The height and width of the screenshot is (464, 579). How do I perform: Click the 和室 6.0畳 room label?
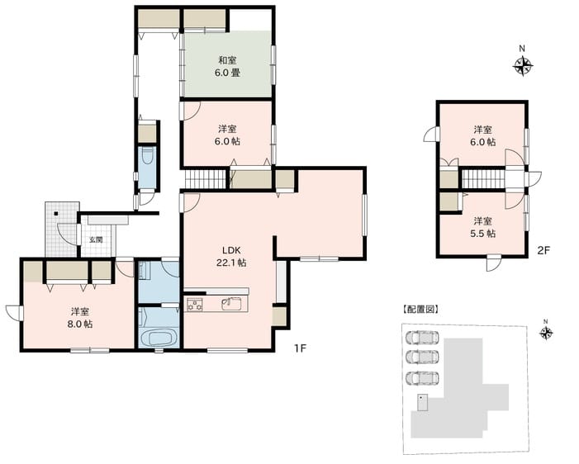(x=227, y=66)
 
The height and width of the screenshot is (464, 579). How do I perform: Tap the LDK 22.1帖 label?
(x=231, y=257)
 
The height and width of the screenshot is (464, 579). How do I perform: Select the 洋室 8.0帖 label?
(x=80, y=318)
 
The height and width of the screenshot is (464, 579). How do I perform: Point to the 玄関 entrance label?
(x=96, y=240)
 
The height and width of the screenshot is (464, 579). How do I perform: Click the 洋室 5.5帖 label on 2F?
(x=482, y=227)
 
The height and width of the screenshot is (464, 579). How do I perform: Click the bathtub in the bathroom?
(x=159, y=338)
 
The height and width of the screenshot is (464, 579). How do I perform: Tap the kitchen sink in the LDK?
(x=231, y=305)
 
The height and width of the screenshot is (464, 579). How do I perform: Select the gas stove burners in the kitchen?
(x=194, y=305)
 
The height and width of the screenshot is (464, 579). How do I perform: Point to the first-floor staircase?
(x=206, y=178)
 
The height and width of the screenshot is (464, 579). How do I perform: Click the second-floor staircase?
(x=483, y=178)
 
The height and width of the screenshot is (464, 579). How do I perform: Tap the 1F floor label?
(x=300, y=348)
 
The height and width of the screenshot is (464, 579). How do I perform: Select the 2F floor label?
(x=543, y=251)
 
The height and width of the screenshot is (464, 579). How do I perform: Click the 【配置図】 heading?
(x=420, y=310)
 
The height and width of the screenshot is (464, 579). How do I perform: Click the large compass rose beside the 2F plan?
(x=523, y=66)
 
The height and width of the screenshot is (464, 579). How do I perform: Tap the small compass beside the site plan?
(x=546, y=334)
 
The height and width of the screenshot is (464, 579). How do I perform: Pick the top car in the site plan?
(x=422, y=338)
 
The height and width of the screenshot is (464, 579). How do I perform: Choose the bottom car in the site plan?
(x=422, y=378)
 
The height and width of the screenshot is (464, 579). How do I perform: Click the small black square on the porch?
(x=55, y=214)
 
